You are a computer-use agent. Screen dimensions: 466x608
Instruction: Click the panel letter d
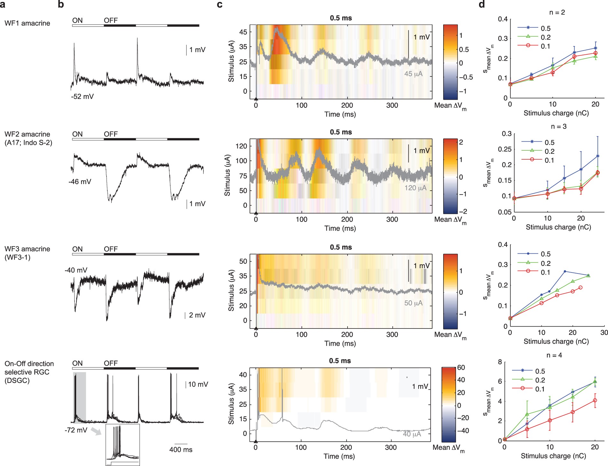(x=482, y=4)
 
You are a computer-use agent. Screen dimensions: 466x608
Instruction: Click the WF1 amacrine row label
(x=27, y=23)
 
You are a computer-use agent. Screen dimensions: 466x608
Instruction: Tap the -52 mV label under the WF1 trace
(x=82, y=97)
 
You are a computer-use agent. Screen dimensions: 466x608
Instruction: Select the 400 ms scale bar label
(x=181, y=450)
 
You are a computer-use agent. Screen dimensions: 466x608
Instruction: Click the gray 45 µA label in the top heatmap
(x=413, y=74)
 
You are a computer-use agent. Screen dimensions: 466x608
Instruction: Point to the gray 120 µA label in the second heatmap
(x=415, y=188)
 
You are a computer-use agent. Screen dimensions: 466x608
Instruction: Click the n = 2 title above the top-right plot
(x=557, y=12)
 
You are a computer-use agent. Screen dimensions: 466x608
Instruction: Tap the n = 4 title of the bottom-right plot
(x=554, y=355)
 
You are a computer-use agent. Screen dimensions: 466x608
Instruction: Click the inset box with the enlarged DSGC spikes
(x=123, y=445)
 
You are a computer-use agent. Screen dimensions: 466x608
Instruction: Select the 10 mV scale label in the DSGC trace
(x=198, y=384)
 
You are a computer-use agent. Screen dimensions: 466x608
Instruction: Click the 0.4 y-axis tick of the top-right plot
(x=503, y=19)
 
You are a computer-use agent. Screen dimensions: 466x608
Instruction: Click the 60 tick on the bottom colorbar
(x=461, y=367)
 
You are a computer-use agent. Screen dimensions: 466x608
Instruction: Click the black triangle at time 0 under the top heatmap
(x=256, y=99)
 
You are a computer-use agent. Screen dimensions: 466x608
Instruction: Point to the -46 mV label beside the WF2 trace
(x=80, y=182)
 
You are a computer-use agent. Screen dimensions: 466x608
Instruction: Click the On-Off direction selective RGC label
(x=29, y=372)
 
